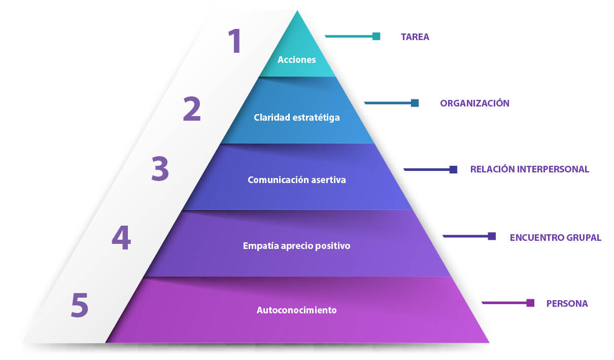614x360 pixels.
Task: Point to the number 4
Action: [121, 238]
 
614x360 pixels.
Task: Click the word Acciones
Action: [297, 60]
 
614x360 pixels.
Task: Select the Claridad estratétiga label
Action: [297, 118]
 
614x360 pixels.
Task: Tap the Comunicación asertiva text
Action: [297, 180]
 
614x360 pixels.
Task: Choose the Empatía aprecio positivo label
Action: [297, 246]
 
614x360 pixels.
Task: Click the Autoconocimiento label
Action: [297, 310]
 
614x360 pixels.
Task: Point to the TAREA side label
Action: [415, 37]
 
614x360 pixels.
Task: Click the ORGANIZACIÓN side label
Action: [474, 103]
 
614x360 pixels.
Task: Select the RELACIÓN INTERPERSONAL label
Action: [529, 169]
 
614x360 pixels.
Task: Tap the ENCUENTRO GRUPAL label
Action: [555, 237]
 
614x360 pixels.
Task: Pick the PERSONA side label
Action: [567, 304]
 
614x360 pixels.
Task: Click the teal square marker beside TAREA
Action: [377, 36]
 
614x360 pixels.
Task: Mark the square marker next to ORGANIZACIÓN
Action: [415, 103]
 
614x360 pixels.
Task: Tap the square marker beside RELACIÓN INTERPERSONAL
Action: [454, 169]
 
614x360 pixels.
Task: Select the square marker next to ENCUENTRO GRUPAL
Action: [492, 236]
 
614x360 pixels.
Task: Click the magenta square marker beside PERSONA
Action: [530, 303]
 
